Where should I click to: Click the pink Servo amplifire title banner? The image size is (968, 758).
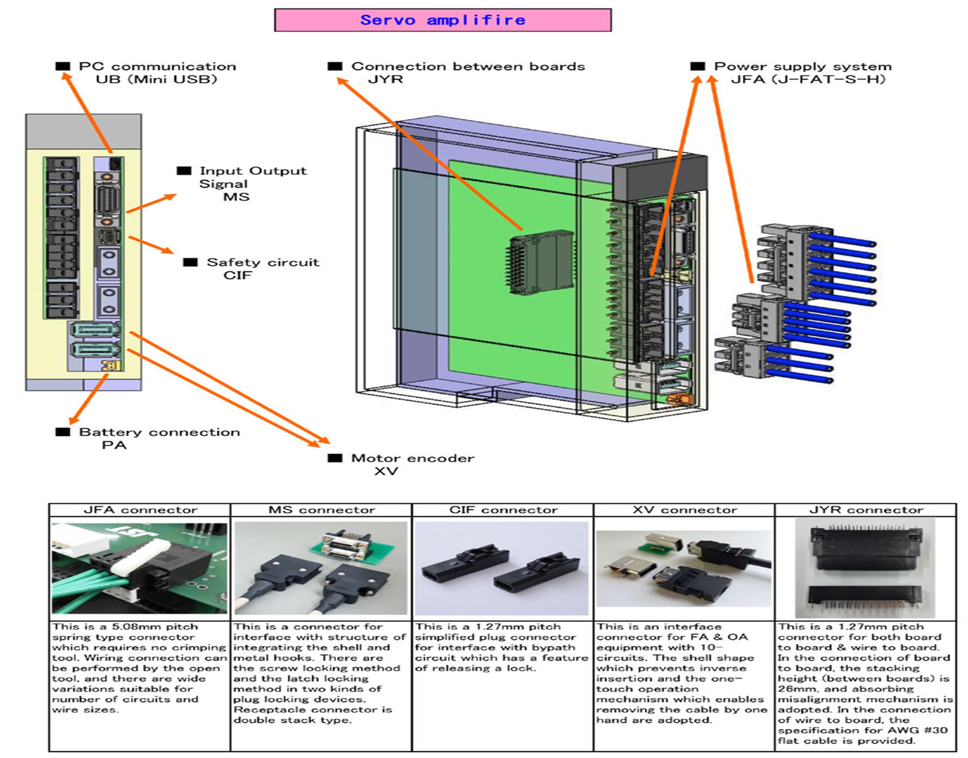click(442, 20)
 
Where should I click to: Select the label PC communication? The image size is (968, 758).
click(157, 67)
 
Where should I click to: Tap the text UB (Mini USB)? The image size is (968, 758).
click(156, 80)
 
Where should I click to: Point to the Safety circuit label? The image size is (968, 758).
click(262, 262)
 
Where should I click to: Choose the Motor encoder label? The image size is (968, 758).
click(412, 458)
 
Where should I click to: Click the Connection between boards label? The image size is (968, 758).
click(468, 67)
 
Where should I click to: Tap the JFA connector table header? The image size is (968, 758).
click(140, 510)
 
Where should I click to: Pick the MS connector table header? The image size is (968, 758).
click(321, 510)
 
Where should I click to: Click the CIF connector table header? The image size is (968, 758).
click(503, 510)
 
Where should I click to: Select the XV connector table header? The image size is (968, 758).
click(684, 510)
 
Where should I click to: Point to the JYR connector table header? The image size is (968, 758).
click(866, 510)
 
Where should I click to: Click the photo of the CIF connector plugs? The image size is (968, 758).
click(501, 568)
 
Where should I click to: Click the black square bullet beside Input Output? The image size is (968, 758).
click(184, 171)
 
